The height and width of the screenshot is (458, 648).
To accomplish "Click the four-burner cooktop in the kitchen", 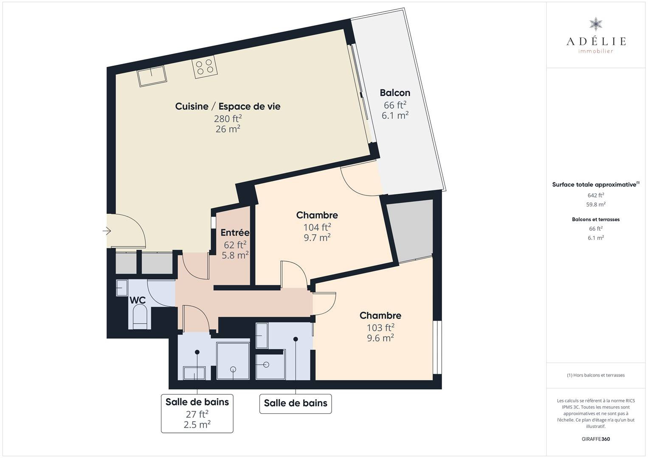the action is (205, 67).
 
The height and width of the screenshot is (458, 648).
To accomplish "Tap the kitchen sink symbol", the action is (152, 76).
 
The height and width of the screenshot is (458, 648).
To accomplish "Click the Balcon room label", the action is (395, 93).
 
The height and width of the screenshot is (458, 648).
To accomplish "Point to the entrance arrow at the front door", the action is (107, 231).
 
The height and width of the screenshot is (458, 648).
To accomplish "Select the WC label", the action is (138, 300).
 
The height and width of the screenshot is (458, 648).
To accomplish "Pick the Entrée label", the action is (235, 232).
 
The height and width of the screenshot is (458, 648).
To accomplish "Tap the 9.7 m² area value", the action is (317, 237).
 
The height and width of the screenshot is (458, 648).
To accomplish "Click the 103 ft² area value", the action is (380, 327).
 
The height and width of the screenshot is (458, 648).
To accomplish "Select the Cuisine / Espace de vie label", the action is (228, 106).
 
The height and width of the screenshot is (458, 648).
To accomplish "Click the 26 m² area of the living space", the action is (228, 129).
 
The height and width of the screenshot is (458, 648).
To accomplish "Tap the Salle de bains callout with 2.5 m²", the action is (197, 413).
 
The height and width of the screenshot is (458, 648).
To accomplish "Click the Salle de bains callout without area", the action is (296, 403).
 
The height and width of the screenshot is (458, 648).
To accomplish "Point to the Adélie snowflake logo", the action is (596, 24).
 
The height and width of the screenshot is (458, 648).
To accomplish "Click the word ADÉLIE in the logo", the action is (596, 41).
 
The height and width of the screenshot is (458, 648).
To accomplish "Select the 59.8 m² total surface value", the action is (596, 204).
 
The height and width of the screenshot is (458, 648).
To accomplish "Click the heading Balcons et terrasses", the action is (596, 219).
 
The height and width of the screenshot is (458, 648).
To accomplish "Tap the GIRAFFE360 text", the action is (596, 439).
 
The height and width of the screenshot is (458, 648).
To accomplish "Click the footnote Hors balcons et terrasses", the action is (596, 375).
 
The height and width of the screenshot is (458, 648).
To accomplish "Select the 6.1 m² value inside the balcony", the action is (395, 115).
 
